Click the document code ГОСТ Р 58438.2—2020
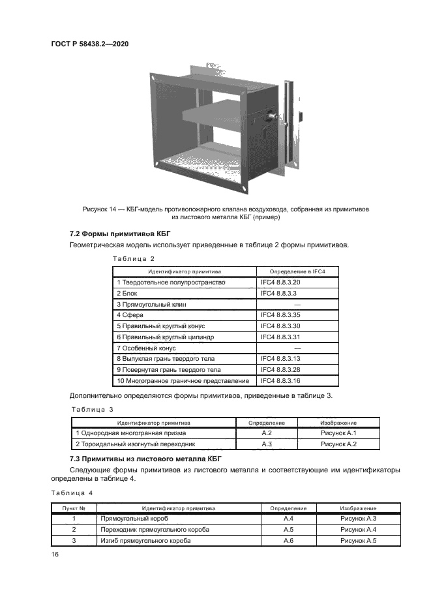[x=89, y=44]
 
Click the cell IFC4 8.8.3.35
[x=280, y=315]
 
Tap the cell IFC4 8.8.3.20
[x=280, y=282]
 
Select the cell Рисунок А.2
[x=339, y=444]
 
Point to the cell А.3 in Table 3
[x=266, y=444]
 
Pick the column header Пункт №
[x=73, y=508]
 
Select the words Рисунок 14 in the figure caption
[x=102, y=209]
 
